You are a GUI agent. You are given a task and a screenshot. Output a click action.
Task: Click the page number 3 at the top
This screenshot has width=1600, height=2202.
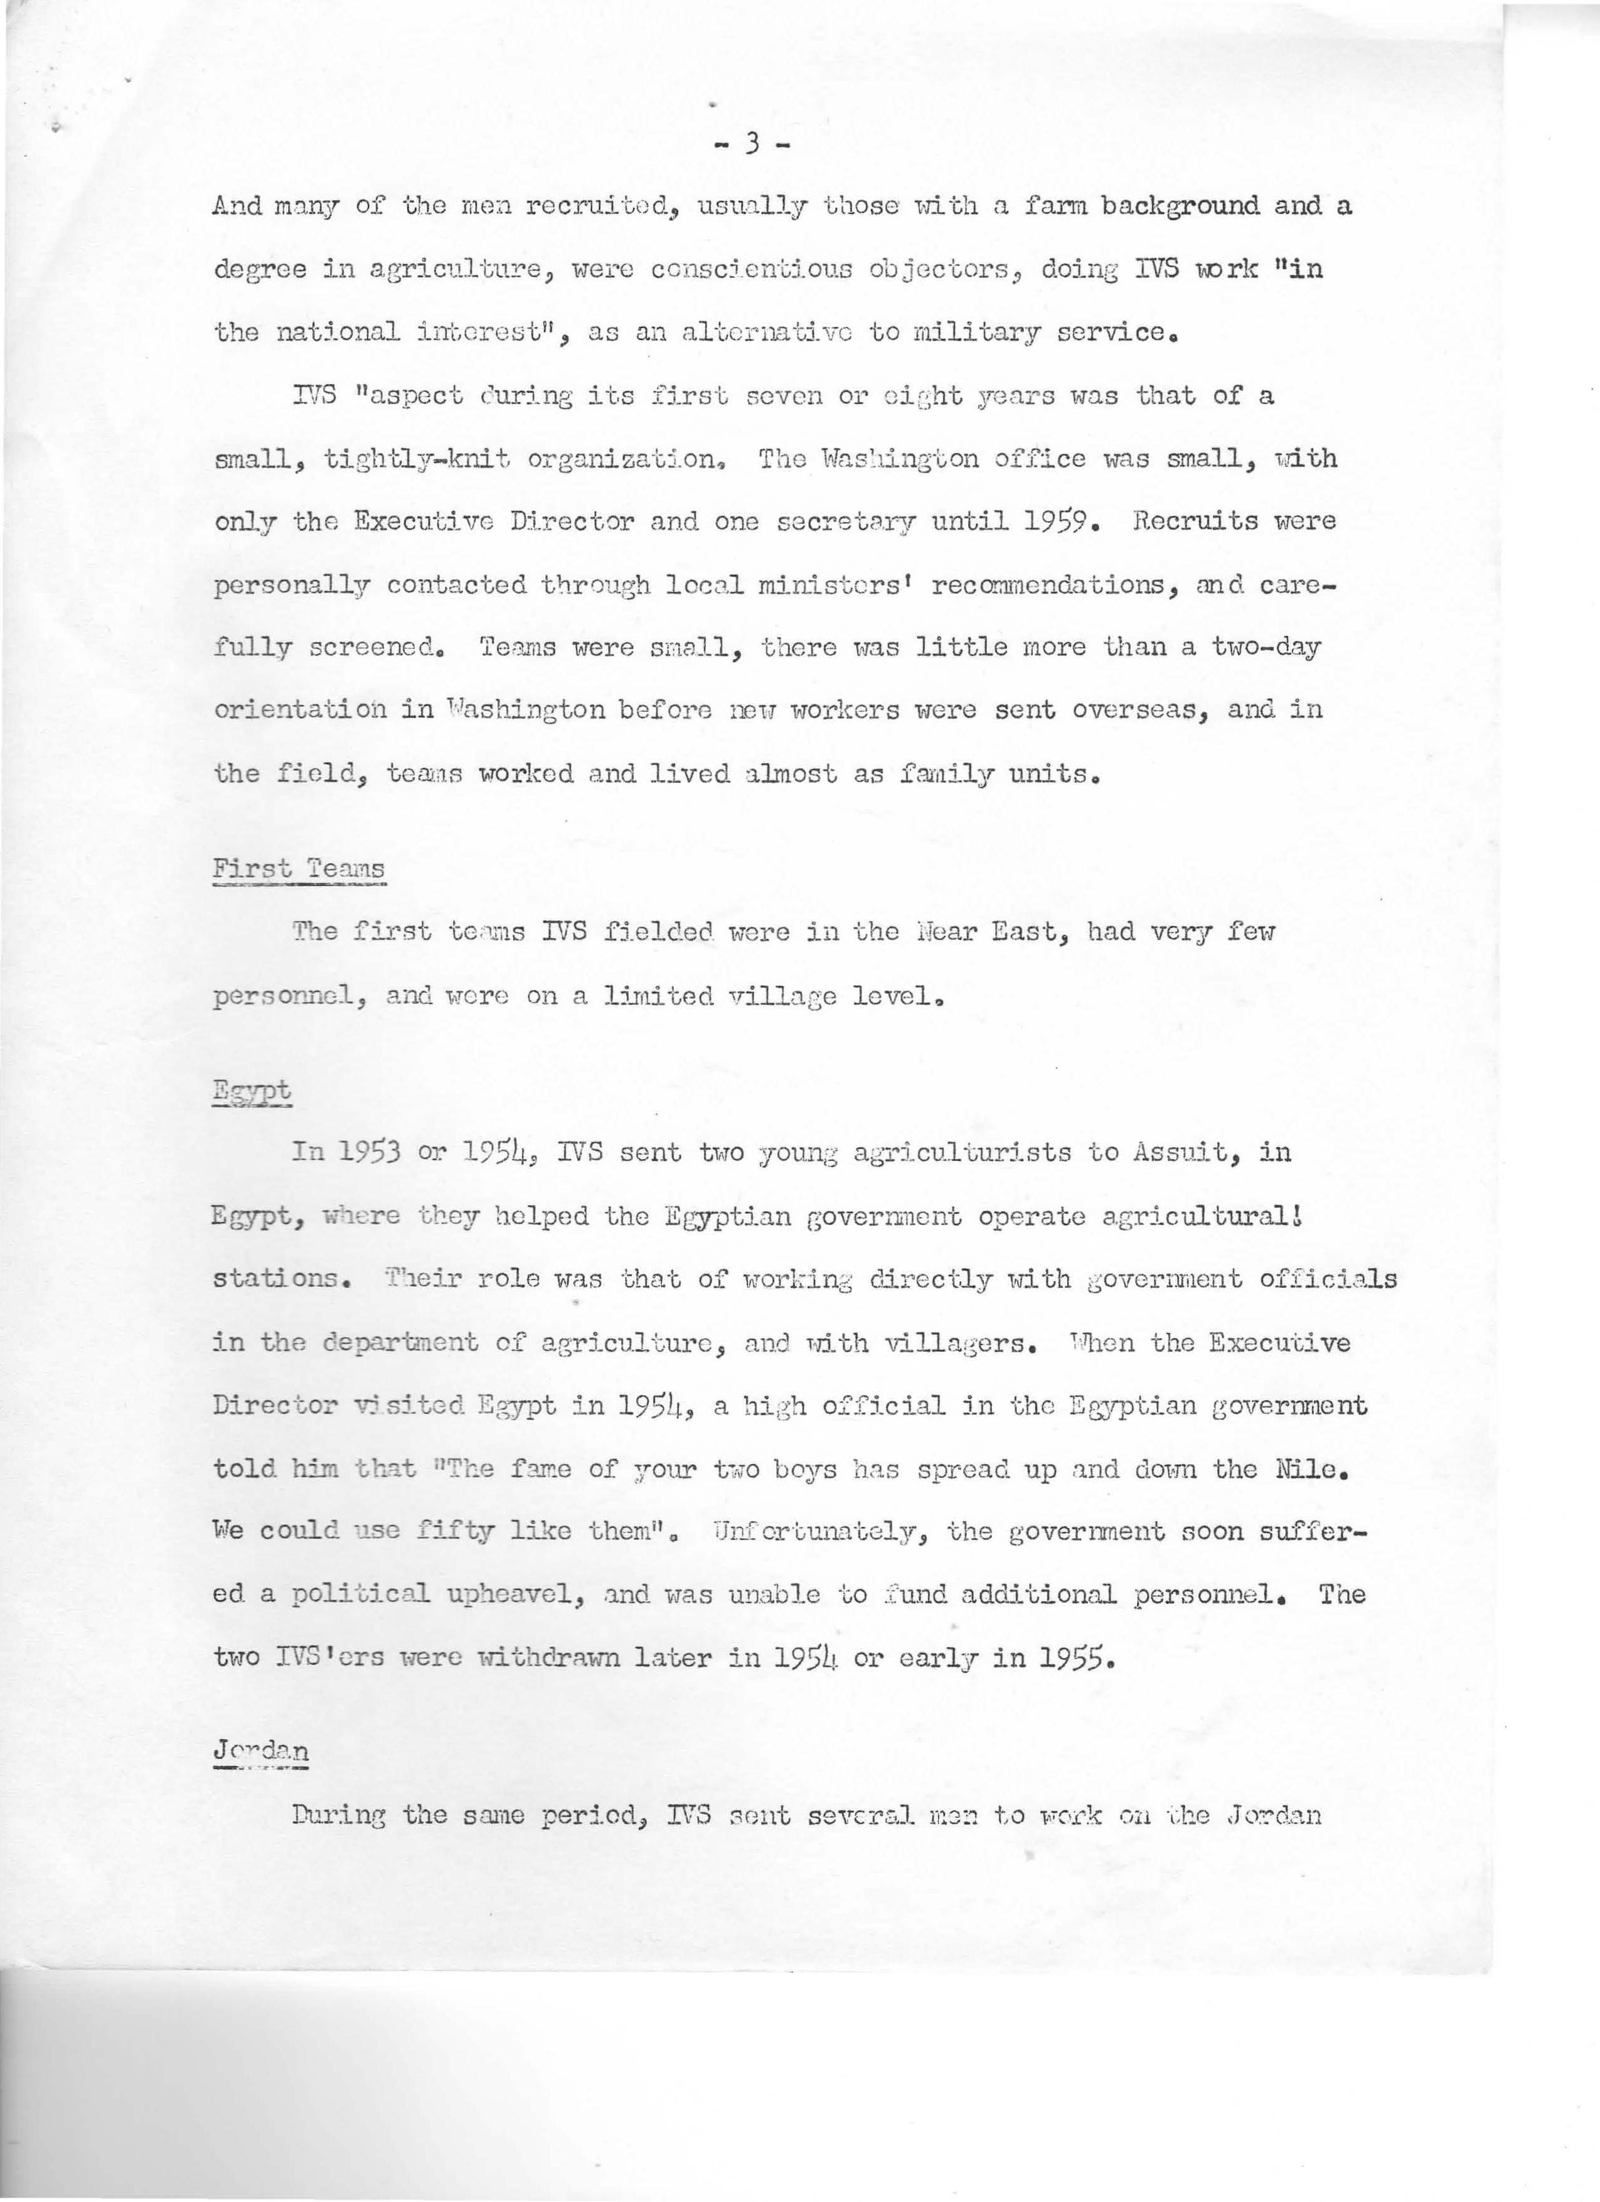(750, 146)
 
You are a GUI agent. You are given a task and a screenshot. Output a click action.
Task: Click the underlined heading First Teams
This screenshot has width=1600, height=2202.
(298, 868)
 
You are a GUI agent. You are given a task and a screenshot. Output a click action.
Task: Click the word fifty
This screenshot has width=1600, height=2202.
(456, 1531)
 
